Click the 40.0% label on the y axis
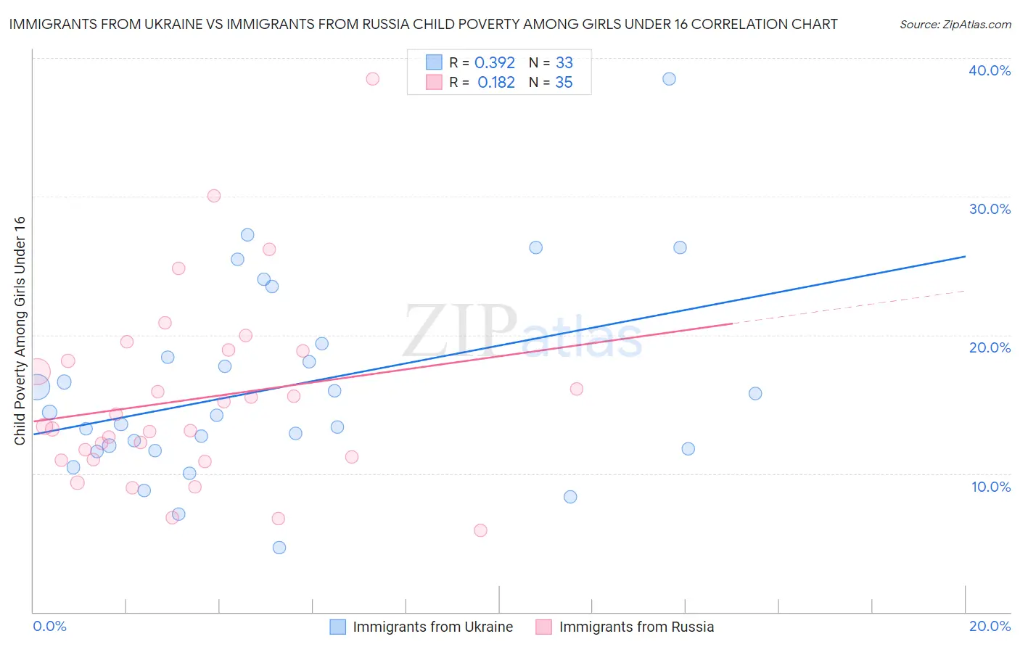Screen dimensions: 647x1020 (990, 70)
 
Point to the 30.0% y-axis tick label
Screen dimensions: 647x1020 (990, 209)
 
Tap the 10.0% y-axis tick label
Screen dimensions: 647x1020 (991, 487)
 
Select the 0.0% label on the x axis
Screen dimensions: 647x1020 (49, 626)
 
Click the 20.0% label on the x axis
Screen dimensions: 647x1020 (990, 626)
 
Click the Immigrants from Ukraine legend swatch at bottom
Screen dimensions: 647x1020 (338, 627)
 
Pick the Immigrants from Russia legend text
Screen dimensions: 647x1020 (636, 627)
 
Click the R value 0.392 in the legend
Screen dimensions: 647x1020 (494, 63)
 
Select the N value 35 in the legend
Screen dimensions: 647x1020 (564, 83)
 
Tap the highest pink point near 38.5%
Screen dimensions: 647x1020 (372, 79)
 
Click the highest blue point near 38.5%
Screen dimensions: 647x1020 (669, 79)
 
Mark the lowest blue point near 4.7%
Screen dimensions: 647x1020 (279, 548)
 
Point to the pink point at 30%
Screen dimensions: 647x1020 (214, 196)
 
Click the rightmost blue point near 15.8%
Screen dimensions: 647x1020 (755, 394)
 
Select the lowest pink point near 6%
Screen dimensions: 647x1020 (480, 530)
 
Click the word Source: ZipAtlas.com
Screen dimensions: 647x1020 (955, 25)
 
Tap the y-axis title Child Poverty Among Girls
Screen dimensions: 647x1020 (20, 331)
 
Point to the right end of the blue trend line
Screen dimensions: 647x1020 (965, 256)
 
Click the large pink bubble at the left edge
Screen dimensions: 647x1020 (36, 372)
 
